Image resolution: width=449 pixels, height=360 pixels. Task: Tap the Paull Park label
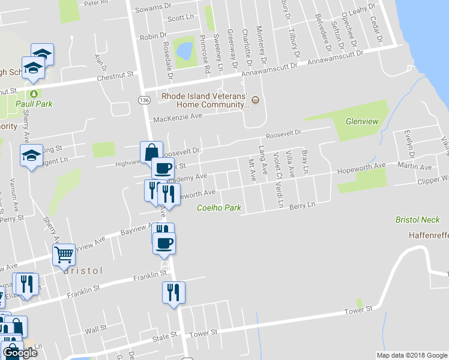coord(34,104)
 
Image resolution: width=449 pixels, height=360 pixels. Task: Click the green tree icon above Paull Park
coord(34,94)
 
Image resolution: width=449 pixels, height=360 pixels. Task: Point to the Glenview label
coord(362,121)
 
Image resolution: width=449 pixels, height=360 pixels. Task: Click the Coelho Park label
coord(220,208)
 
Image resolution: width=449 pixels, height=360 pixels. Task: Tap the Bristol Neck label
coord(418,220)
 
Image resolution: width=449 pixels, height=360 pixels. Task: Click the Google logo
coord(20,353)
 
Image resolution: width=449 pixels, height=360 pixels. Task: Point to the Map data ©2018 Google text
coord(411,355)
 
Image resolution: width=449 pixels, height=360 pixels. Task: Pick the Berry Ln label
coord(302,205)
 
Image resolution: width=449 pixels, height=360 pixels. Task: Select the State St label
coord(165,337)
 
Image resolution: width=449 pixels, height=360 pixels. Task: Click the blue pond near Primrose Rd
coord(184,49)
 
